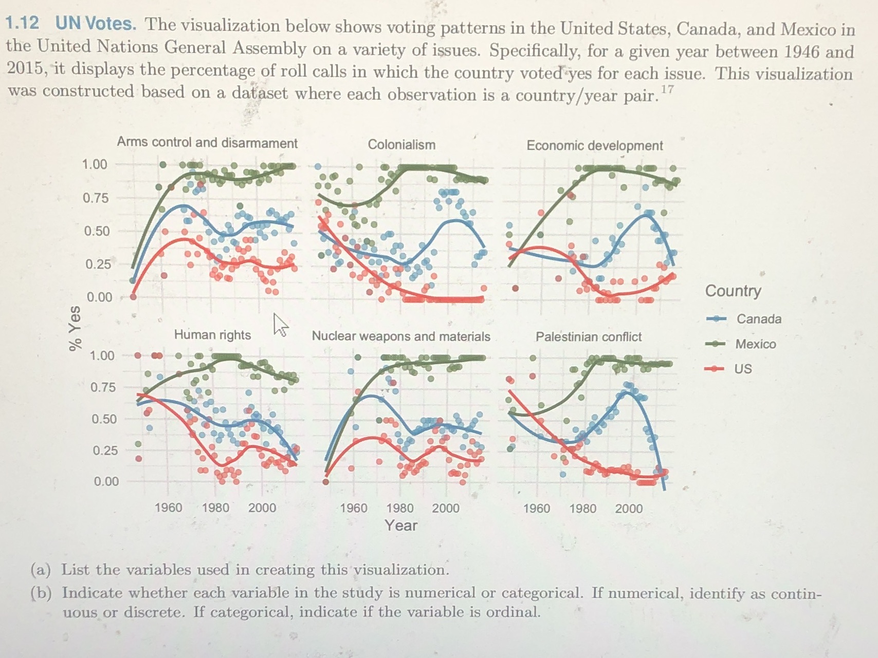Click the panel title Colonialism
click(x=401, y=145)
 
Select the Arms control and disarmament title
click(x=207, y=142)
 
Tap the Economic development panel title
click(x=595, y=145)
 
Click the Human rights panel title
click(x=212, y=335)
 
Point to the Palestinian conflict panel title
click(x=589, y=337)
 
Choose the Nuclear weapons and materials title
click(x=401, y=336)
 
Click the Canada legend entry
click(x=758, y=319)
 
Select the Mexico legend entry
click(x=755, y=344)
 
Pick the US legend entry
click(x=743, y=369)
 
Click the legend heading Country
click(x=733, y=291)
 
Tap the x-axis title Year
click(x=401, y=525)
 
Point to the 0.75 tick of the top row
click(x=96, y=198)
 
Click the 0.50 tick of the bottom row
click(x=104, y=419)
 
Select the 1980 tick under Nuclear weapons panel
click(x=399, y=508)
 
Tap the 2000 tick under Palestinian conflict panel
click(x=629, y=509)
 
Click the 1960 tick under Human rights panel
click(x=168, y=507)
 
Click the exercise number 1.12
click(x=22, y=23)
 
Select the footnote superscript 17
click(x=667, y=90)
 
